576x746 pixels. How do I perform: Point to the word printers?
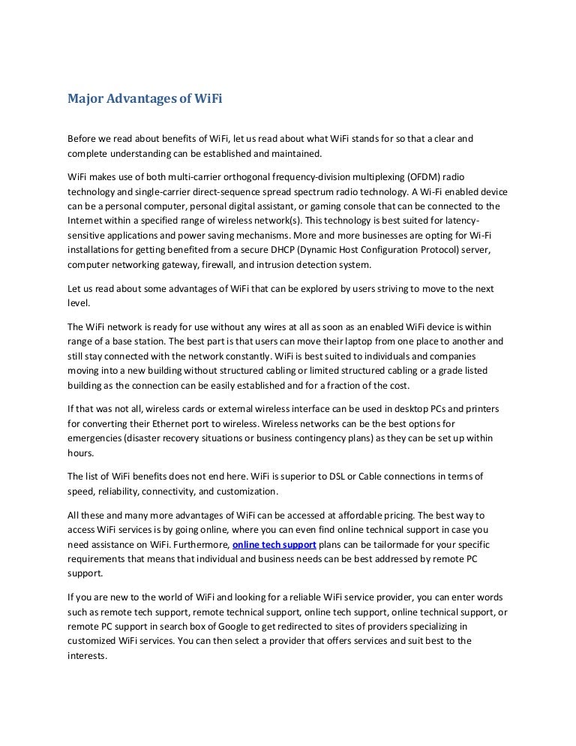[x=483, y=408]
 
